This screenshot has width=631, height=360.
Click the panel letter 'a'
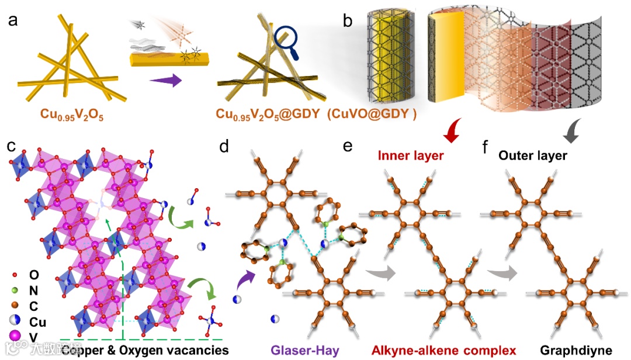[x=12, y=22]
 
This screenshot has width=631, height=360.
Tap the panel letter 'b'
[x=348, y=22]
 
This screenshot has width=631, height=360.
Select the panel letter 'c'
[x=12, y=146]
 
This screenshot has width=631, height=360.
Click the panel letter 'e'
[x=348, y=146]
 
